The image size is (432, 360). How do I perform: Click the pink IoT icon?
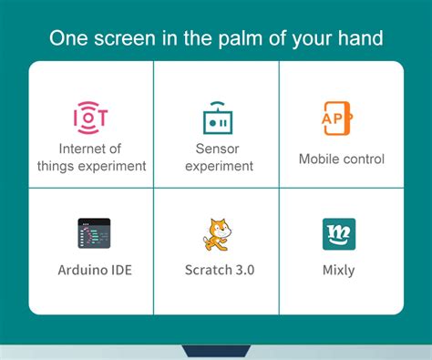90,117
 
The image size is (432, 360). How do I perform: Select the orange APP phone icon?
339,117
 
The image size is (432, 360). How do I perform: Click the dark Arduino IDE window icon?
93,234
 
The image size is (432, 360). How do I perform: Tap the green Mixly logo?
339,234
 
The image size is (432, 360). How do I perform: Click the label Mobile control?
342,159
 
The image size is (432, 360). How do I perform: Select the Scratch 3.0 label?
219,271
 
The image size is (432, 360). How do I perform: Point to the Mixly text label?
339,271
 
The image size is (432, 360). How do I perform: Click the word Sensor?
217,149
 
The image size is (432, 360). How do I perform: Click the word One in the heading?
71,38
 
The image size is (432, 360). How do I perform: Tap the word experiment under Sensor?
218,167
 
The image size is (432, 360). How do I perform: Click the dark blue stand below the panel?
216,351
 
